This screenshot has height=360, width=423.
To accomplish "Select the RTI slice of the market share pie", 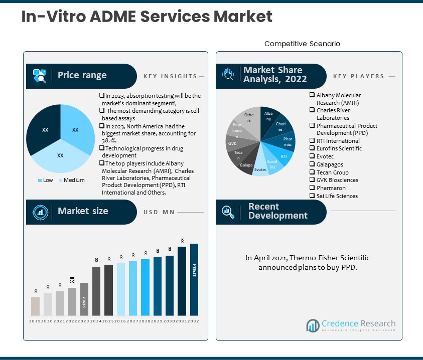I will (283, 156).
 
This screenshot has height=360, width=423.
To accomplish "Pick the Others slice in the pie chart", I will (249, 118).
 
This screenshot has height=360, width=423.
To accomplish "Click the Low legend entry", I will (45, 180).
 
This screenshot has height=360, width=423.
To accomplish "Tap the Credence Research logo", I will (351, 325).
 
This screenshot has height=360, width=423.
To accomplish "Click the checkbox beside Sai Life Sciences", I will (312, 196).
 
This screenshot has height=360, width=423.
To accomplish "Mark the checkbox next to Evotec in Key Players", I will (312, 156).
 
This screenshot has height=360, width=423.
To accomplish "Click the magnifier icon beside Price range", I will (40, 76).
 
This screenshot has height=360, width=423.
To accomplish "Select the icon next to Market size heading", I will (40, 212).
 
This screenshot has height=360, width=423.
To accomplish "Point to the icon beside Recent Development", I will (228, 212).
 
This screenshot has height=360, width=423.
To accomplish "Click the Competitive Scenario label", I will (302, 44).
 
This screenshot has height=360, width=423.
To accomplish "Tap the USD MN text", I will (159, 212).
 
